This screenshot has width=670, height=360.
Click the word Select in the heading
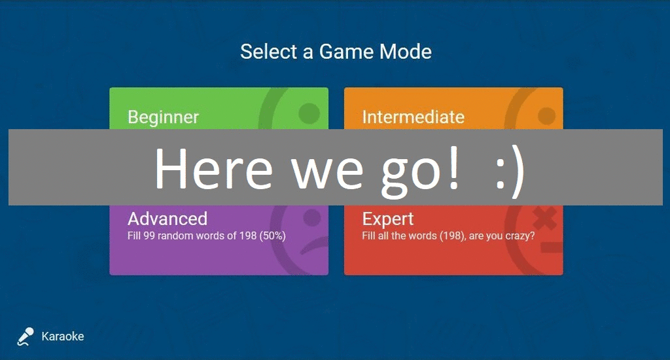click(268, 52)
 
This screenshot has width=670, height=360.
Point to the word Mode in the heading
click(406, 52)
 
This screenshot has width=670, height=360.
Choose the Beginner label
click(163, 118)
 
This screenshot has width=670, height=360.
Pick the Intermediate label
click(414, 117)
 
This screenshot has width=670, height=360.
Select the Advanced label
click(167, 219)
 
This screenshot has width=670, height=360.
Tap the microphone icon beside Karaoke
click(26, 336)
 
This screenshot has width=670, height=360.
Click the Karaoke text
click(63, 336)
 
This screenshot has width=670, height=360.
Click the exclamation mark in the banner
click(453, 167)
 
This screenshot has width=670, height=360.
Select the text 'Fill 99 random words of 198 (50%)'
click(206, 236)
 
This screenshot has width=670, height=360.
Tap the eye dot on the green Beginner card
click(309, 113)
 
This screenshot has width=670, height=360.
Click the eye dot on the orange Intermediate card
click(546, 116)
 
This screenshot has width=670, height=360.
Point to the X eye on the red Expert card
click(545, 217)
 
